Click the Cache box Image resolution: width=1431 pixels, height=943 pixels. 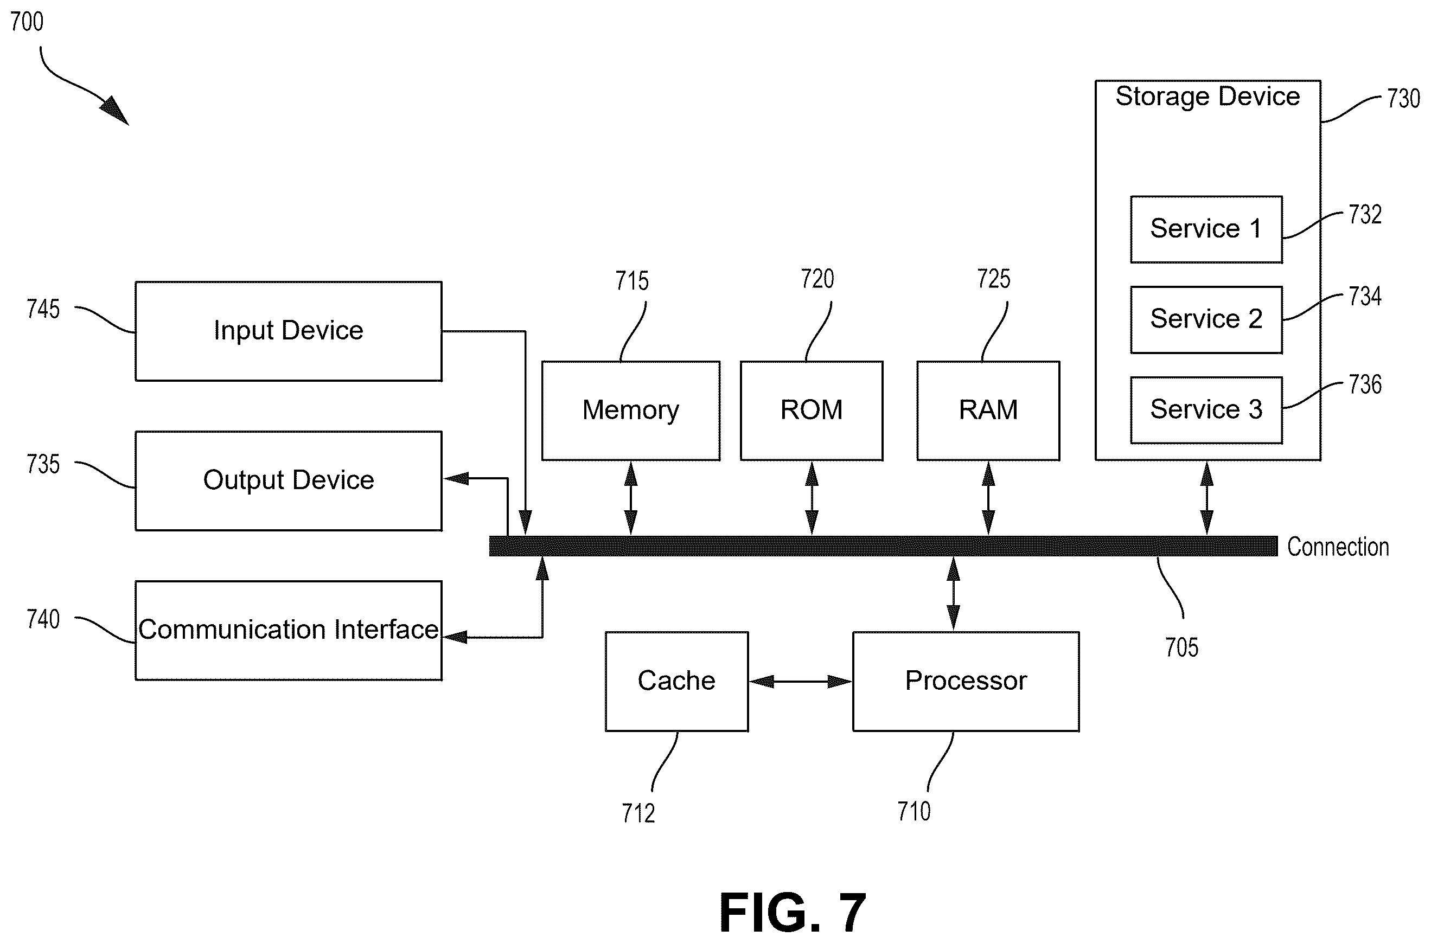[676, 682]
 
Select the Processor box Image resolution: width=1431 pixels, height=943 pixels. [966, 682]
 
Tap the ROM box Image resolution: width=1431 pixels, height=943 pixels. [812, 410]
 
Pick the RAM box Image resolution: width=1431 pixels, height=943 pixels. [988, 410]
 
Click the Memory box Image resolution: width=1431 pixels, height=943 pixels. [631, 410]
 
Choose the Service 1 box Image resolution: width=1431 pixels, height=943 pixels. [1206, 229]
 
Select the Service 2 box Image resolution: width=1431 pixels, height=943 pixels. [1206, 319]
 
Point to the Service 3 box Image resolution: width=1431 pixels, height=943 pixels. [1206, 410]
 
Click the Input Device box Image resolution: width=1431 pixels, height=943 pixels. [289, 331]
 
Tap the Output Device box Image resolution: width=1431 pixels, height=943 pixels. [289, 480]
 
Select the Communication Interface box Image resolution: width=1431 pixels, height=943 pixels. [289, 630]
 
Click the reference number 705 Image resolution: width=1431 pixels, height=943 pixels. [1181, 647]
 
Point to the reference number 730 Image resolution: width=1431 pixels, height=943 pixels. [1403, 98]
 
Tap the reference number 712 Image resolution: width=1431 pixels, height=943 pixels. [638, 813]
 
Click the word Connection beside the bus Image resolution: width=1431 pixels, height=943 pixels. [1338, 547]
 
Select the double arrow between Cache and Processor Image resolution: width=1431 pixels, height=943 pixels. [801, 682]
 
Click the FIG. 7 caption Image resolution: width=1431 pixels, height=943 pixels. [793, 912]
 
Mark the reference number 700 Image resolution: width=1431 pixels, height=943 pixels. [27, 22]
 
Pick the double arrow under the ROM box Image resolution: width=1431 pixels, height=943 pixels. [812, 498]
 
